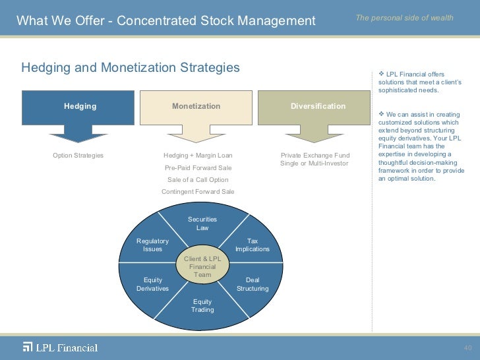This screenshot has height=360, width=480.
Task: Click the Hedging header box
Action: [x=80, y=106]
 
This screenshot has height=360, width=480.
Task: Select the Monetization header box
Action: [x=196, y=106]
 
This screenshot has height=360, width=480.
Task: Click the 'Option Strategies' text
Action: [x=78, y=156]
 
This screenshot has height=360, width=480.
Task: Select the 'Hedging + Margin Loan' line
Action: [x=198, y=156]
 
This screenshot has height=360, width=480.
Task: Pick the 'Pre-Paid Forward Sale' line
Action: [x=198, y=167]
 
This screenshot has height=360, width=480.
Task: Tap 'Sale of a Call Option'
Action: [x=198, y=179]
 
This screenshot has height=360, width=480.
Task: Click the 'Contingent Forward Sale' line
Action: [x=198, y=191]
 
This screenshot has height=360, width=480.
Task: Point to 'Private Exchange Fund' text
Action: [x=315, y=156]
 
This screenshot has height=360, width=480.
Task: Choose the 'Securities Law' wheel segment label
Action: [x=202, y=224]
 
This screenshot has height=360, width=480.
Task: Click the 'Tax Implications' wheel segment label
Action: [x=253, y=245]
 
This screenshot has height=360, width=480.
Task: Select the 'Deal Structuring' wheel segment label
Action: [x=253, y=284]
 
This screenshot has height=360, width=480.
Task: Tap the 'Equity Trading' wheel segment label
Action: [x=202, y=306]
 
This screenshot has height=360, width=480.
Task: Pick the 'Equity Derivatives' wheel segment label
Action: [x=152, y=284]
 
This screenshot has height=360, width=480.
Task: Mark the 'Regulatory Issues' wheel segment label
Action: [x=152, y=245]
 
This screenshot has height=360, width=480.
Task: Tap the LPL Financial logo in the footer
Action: [x=60, y=347]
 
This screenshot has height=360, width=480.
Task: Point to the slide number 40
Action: [x=468, y=347]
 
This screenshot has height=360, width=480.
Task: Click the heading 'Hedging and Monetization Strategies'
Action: [x=131, y=68]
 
